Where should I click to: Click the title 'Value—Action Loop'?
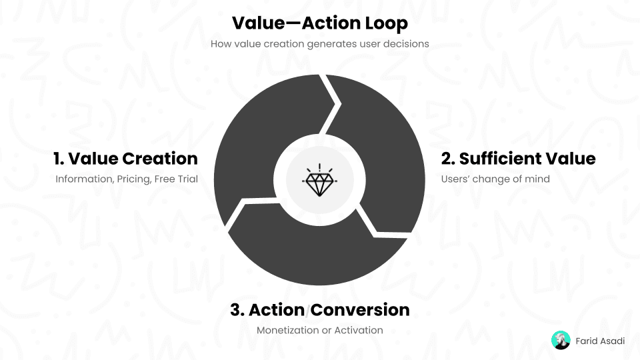click(x=319, y=23)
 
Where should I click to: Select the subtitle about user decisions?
click(x=319, y=44)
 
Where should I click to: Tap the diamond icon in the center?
click(x=319, y=180)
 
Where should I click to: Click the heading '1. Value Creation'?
click(x=126, y=159)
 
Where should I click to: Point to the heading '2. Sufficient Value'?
click(x=519, y=159)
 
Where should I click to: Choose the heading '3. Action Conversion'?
click(x=319, y=310)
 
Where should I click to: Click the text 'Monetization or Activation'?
click(x=319, y=330)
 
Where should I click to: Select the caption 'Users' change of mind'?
click(x=495, y=179)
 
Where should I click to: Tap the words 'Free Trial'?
click(x=176, y=179)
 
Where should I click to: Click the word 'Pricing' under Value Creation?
click(x=133, y=179)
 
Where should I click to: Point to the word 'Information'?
click(x=85, y=179)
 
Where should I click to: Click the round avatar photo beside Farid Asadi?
click(x=561, y=341)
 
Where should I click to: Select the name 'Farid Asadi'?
click(x=600, y=341)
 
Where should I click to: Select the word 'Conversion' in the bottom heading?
click(x=361, y=310)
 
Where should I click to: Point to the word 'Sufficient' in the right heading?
click(x=492, y=159)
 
